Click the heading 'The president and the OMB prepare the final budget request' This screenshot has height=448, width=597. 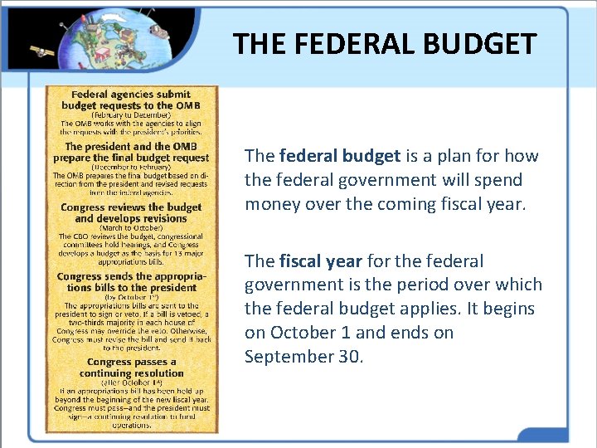point(132,152)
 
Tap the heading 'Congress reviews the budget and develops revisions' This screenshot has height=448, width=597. point(132,212)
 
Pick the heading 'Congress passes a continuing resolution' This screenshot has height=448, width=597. point(132,367)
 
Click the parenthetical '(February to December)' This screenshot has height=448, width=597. point(132,114)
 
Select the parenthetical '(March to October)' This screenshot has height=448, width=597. point(132,227)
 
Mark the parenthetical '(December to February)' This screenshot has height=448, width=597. point(132,167)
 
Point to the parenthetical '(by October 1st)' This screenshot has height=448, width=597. point(132,296)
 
